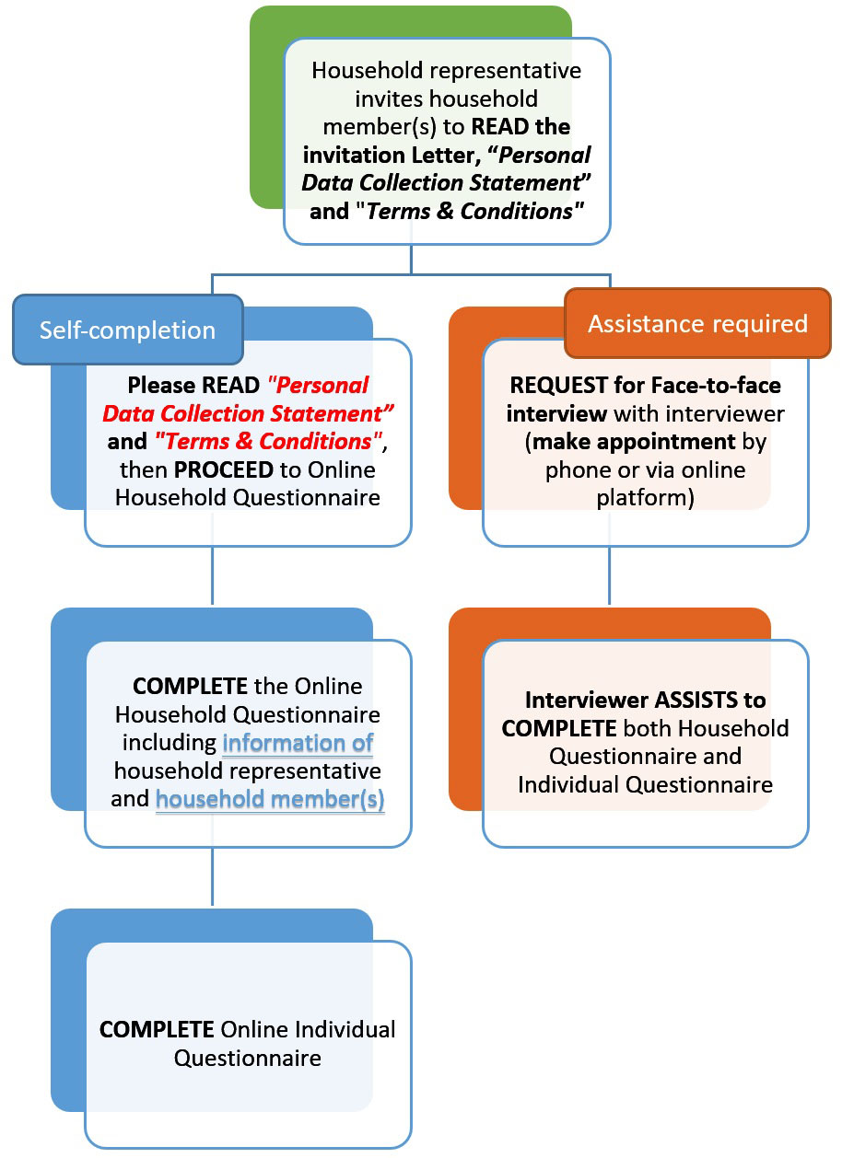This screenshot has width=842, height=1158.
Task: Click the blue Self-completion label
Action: coord(127,330)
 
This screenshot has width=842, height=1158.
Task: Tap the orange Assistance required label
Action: coord(697,323)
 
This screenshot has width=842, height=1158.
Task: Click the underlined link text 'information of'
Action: coord(298,743)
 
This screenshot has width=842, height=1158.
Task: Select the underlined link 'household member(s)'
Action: coord(270,799)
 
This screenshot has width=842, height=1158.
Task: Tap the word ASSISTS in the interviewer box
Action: coord(721,700)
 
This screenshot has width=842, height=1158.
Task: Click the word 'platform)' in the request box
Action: coord(645,498)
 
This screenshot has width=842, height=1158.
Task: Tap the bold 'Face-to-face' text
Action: coord(721,385)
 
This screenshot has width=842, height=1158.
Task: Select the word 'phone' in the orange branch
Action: coord(576,469)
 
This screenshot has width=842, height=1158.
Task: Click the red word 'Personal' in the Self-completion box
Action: coord(319,385)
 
